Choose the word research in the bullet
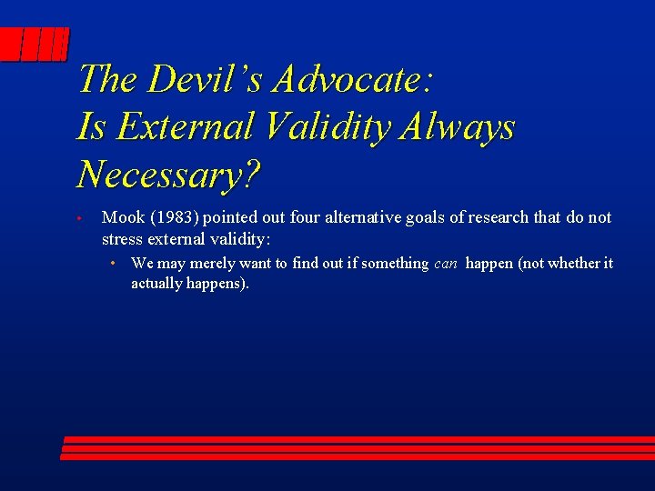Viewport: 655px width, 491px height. (x=499, y=217)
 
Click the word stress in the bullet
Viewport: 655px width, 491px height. (x=123, y=239)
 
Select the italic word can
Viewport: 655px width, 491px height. (x=446, y=264)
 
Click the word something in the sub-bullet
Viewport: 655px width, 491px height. (x=394, y=264)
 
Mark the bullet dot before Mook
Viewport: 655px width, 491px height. (x=80, y=219)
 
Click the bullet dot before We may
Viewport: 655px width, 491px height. (x=111, y=264)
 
